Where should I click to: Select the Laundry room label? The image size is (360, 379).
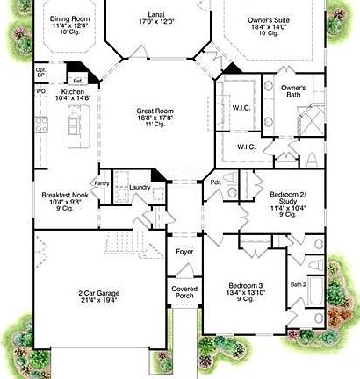(137, 187)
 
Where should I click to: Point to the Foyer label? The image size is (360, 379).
(184, 252)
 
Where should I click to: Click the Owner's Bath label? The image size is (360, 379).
(293, 91)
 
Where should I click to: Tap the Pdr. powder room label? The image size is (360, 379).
(215, 182)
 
